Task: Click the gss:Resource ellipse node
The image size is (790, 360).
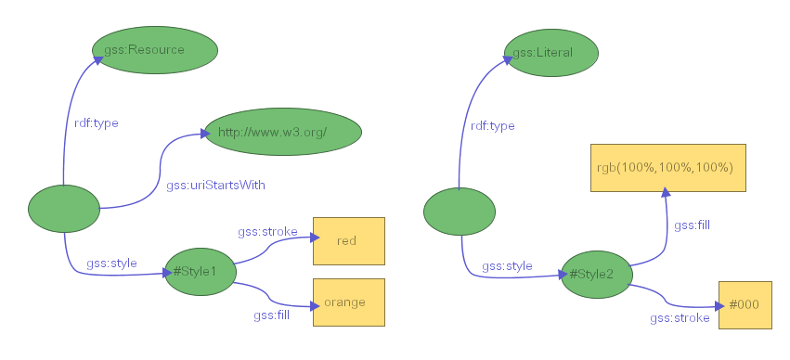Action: coord(155,49)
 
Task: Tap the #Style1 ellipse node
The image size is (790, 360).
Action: coord(200,272)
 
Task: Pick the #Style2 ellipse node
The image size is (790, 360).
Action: coord(596,275)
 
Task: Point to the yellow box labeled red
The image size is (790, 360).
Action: coord(348,241)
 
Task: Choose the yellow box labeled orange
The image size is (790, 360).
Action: coord(348,302)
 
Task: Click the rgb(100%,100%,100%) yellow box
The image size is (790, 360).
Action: coord(668,168)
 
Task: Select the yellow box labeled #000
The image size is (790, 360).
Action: coord(745,305)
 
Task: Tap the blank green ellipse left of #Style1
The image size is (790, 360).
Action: coord(64,209)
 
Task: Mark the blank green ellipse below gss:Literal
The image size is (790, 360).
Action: coord(460,212)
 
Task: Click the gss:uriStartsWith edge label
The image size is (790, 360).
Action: coord(215,186)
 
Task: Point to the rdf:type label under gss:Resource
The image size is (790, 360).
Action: coord(96,122)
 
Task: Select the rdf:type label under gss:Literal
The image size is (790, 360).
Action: coord(492,126)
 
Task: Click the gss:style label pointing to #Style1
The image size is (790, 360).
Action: coord(111,264)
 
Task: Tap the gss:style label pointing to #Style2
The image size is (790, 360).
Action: coord(507,266)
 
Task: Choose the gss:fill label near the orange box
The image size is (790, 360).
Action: coord(272,315)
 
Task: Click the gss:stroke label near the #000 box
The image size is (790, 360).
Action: coord(680,318)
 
